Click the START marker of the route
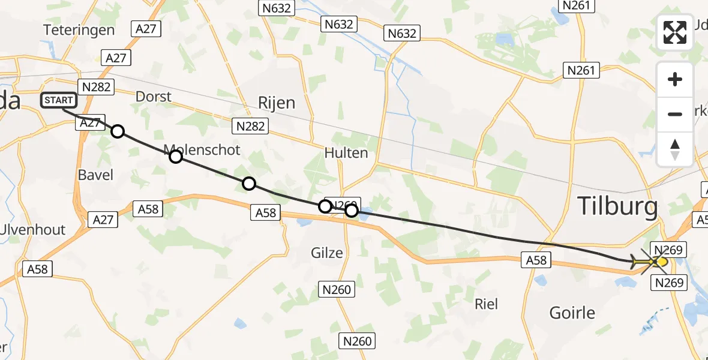[x=59, y=100]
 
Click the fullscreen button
[x=675, y=32]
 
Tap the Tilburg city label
[x=617, y=207]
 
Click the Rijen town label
[x=277, y=103]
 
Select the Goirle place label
[x=572, y=313]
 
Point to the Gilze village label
[x=327, y=253]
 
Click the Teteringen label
[x=79, y=30]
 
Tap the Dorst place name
[x=153, y=97]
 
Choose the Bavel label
[x=95, y=175]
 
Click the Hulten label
[x=346, y=152]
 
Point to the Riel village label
[x=486, y=304]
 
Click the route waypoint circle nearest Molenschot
[x=175, y=157]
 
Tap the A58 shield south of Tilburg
[x=536, y=259]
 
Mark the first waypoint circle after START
[x=118, y=131]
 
